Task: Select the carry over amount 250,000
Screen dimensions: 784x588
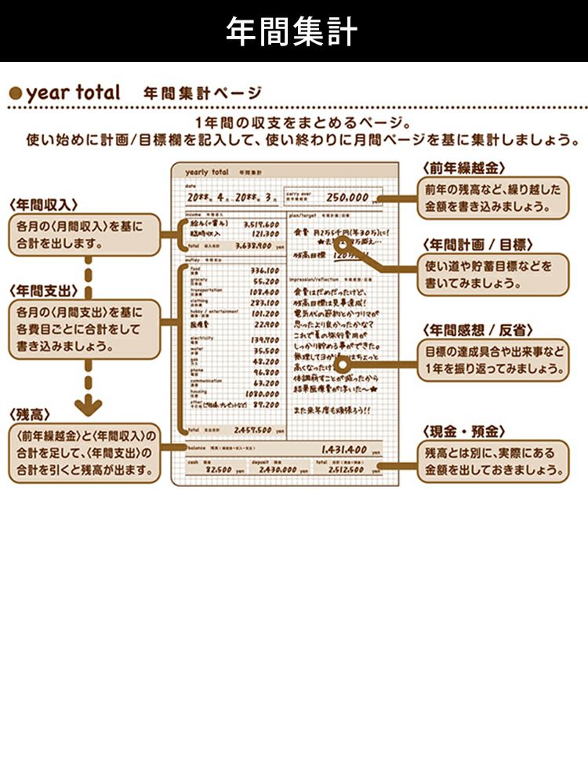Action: pyautogui.click(x=347, y=198)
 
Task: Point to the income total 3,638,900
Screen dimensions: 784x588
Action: pyautogui.click(x=258, y=245)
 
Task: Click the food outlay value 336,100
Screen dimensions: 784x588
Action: pyautogui.click(x=264, y=270)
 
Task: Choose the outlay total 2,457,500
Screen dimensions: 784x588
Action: pyautogui.click(x=252, y=430)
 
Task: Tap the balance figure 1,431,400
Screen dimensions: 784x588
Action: pyautogui.click(x=344, y=450)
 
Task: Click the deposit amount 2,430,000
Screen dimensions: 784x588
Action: pyautogui.click(x=278, y=470)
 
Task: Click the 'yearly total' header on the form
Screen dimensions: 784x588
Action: pyautogui.click(x=207, y=172)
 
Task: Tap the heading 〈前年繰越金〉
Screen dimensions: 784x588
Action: pyautogui.click(x=463, y=168)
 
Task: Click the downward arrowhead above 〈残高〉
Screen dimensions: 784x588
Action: pyautogui.click(x=89, y=407)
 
